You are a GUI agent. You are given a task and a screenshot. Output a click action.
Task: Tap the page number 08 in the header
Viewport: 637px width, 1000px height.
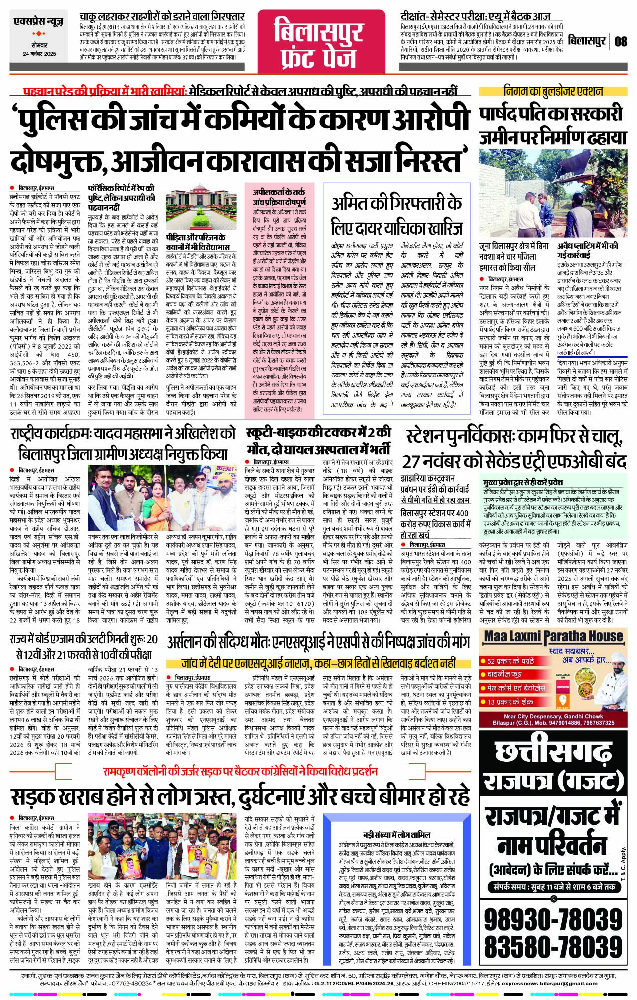tap(620, 41)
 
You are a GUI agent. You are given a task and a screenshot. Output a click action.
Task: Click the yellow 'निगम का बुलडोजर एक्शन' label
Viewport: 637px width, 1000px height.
tap(553, 91)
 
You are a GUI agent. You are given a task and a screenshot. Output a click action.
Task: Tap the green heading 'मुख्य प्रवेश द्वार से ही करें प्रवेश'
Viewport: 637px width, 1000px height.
tap(523, 482)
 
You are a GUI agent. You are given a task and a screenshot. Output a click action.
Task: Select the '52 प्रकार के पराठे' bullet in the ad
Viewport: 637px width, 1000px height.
tap(510, 661)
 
